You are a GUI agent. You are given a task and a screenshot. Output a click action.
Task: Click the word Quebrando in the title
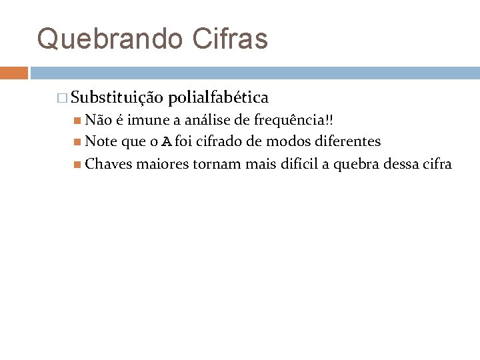click(x=109, y=39)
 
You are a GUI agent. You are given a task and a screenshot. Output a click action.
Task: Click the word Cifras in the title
click(x=230, y=39)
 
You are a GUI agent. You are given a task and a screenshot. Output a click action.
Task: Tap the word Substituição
click(x=117, y=98)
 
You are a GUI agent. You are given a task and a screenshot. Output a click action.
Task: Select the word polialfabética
click(x=219, y=98)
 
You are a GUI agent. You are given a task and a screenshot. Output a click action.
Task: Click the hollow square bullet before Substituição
click(x=62, y=99)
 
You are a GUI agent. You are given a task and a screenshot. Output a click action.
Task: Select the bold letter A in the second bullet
click(x=167, y=141)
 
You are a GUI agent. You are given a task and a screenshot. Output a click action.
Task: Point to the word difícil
click(x=294, y=163)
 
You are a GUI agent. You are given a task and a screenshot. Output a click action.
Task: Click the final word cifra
click(x=437, y=163)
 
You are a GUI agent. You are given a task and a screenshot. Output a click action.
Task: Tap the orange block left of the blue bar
click(x=14, y=73)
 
